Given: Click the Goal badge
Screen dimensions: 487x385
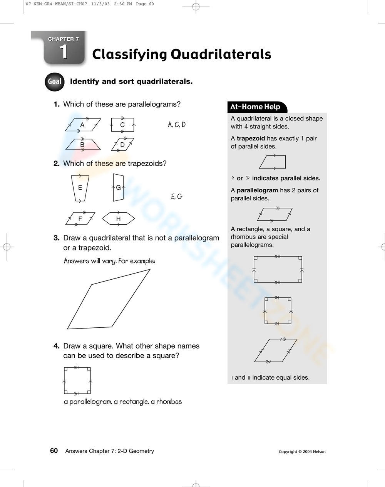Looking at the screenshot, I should (x=54, y=82).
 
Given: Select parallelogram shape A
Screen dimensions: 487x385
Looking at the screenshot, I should (x=83, y=125).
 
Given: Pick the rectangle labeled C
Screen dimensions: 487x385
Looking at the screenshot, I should (x=122, y=125).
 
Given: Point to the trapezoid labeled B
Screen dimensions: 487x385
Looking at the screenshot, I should (x=83, y=145).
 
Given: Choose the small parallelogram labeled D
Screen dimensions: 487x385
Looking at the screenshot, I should (x=123, y=145).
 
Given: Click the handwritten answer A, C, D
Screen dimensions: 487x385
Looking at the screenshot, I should (x=177, y=125).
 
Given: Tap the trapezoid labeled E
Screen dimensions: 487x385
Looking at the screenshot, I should (x=80, y=188).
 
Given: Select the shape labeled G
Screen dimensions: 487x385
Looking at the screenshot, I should (x=118, y=188).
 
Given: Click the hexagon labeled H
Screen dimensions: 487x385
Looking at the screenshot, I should (x=118, y=219).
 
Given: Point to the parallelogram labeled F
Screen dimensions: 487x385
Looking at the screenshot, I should (x=80, y=219).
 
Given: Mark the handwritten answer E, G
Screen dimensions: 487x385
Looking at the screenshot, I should (x=176, y=197).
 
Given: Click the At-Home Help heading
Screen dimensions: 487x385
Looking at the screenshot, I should (x=255, y=107).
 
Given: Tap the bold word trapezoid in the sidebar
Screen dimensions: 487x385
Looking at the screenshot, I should (x=251, y=138).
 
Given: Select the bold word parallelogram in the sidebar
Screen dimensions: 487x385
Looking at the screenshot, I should (x=257, y=190).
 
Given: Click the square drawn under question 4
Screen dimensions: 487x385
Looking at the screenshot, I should (x=77, y=381).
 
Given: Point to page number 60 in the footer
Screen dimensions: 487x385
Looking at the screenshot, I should (x=54, y=451).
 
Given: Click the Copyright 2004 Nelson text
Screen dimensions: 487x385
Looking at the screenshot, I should (x=302, y=452).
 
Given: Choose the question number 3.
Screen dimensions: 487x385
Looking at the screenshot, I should (x=57, y=238).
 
